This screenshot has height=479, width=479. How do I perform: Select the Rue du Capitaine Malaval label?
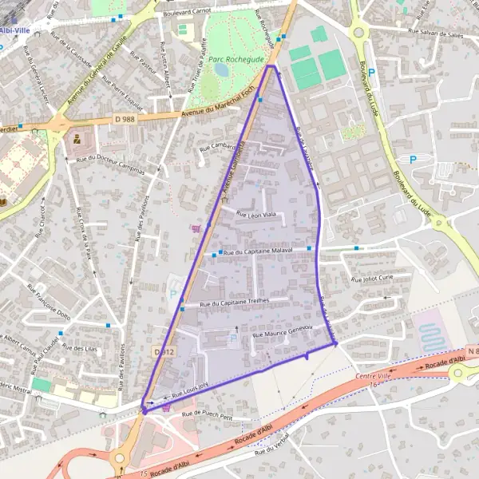(259, 251)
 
